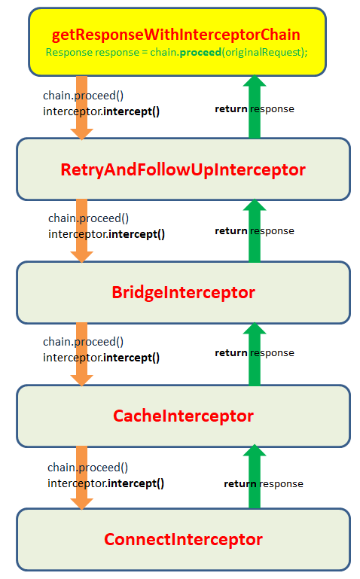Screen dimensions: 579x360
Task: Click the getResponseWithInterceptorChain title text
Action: click(176, 35)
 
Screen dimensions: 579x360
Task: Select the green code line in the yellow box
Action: click(176, 53)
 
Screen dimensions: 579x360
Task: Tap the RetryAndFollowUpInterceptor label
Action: click(183, 169)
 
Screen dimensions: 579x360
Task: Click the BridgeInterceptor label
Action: click(183, 292)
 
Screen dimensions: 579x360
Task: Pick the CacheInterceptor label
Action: click(183, 416)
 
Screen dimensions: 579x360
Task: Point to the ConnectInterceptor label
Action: click(183, 539)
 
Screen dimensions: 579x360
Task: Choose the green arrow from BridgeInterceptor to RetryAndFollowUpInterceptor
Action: click(255, 230)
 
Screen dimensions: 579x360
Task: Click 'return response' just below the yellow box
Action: click(255, 109)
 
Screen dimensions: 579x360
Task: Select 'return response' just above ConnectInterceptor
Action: click(264, 484)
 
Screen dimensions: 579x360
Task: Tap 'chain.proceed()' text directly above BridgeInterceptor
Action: click(89, 218)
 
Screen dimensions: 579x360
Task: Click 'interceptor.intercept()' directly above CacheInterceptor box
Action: click(102, 358)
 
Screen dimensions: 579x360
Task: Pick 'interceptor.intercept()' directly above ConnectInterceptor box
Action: click(106, 483)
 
